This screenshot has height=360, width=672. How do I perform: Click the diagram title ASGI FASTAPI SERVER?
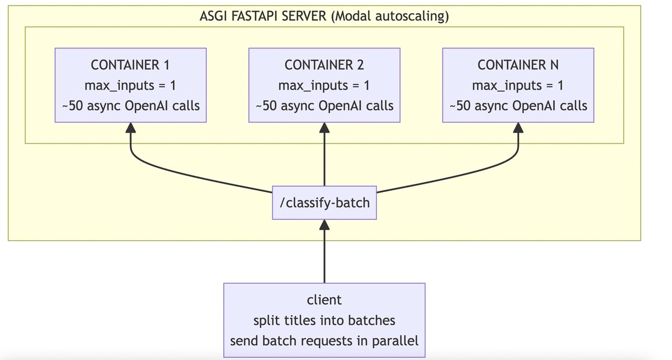click(263, 16)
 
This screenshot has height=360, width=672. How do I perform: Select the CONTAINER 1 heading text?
click(130, 65)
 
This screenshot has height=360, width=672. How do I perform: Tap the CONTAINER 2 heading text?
click(324, 65)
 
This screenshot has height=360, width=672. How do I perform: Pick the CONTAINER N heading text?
click(518, 65)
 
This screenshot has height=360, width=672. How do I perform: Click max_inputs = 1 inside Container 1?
click(130, 85)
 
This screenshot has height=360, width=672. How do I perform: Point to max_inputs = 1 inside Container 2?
click(324, 85)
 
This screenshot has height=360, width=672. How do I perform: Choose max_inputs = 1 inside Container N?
click(518, 85)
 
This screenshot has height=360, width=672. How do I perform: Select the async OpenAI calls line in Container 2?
click(324, 105)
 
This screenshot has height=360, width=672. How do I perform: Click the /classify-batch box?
click(324, 202)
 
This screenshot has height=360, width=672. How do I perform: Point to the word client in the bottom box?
click(324, 300)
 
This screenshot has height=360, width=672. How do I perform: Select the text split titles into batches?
click(324, 320)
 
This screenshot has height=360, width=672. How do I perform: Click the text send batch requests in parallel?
click(324, 340)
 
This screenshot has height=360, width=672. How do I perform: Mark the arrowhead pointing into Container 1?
click(130, 128)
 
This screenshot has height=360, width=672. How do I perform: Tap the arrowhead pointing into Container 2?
click(324, 128)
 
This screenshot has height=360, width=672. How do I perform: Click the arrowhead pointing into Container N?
click(518, 128)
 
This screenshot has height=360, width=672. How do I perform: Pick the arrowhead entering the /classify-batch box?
click(324, 225)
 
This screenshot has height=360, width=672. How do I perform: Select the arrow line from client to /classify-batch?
click(324, 258)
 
